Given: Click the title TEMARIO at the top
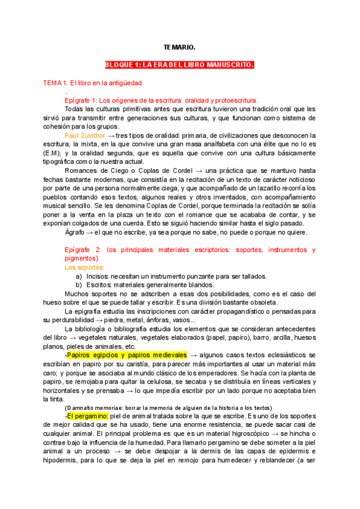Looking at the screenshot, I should coord(179,47).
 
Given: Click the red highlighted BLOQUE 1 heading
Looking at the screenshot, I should coord(179,64).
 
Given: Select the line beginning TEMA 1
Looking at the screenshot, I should coord(93,83).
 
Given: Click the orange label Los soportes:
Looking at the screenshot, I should coord(84,267).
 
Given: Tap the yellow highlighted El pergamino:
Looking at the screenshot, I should coord(87,416).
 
